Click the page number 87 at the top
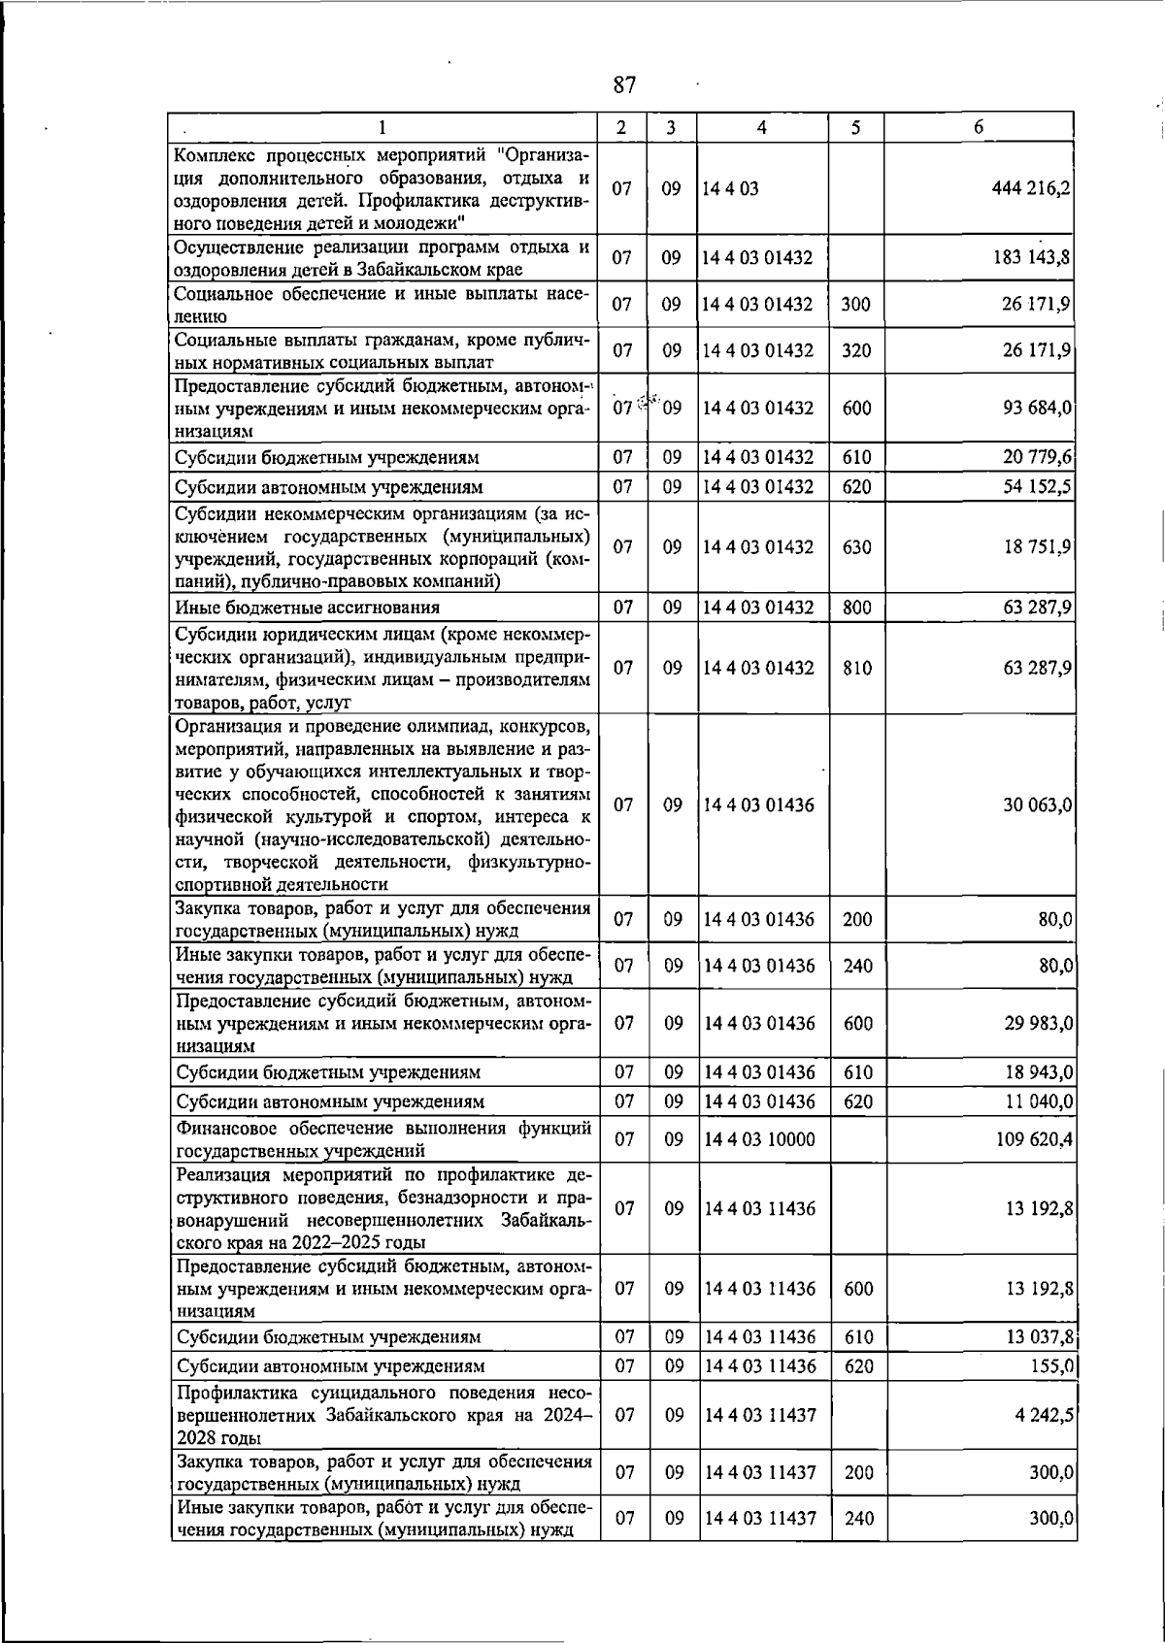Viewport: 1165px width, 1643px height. (x=624, y=85)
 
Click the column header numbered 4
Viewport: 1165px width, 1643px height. (x=762, y=127)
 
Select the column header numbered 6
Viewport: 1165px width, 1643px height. (x=979, y=127)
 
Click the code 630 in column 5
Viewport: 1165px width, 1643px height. (x=856, y=547)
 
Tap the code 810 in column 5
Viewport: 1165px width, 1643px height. (x=856, y=669)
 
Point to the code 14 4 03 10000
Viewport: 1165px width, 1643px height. (x=759, y=1139)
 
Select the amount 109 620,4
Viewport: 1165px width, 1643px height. (x=1033, y=1139)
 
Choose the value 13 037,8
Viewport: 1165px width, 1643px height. (x=1037, y=1337)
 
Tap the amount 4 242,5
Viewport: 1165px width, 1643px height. (x=1043, y=1415)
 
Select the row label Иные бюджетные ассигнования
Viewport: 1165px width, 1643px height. (x=307, y=608)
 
